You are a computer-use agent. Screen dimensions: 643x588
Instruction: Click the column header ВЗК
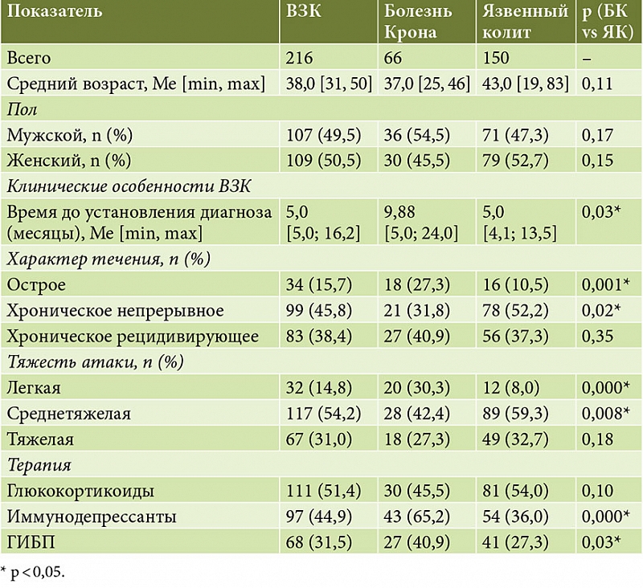pos(304,11)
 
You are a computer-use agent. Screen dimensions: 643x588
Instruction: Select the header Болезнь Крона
pos(418,22)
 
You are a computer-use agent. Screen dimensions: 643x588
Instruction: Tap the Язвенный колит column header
pos(526,22)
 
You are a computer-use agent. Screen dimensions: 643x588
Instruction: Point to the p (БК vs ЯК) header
pos(608,22)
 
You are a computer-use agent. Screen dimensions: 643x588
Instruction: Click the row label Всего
pos(29,58)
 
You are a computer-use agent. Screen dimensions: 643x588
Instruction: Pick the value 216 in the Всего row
pos(299,58)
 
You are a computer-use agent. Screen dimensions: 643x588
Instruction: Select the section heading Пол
pos(23,109)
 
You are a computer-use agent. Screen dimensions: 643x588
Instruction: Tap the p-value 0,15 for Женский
pos(597,160)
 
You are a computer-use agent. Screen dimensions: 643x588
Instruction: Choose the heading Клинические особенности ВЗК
pos(129,186)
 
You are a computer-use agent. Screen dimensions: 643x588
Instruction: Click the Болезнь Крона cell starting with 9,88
pos(420,223)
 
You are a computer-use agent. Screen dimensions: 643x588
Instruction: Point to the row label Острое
pos(36,284)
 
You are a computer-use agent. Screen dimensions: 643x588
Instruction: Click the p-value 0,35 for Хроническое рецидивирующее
pos(597,336)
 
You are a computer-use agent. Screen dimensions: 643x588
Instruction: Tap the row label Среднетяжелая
pos(68,414)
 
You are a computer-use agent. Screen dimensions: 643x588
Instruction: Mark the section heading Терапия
pos(39,465)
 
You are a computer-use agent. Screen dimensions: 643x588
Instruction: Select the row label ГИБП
pos(31,542)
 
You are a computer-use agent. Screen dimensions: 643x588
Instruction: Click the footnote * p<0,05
pos(33,572)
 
